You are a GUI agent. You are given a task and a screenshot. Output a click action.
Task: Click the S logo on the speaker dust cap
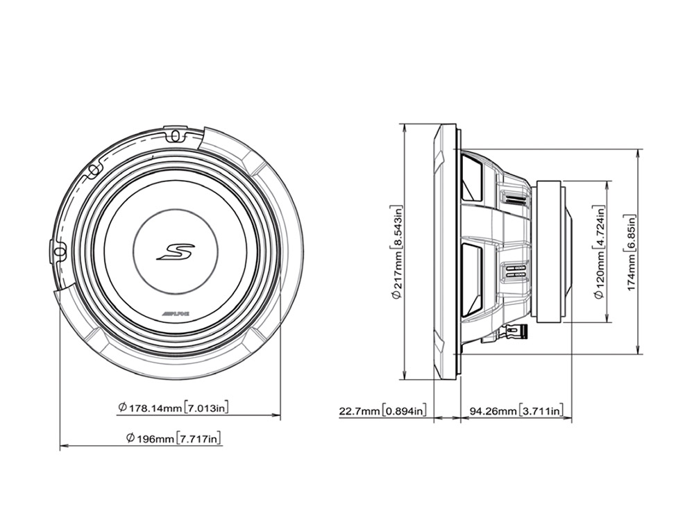176,251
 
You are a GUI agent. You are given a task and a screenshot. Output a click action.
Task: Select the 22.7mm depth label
359,411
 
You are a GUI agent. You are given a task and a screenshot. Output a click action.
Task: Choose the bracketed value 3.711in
541,411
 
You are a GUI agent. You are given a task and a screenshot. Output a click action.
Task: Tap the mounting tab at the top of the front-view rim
176,133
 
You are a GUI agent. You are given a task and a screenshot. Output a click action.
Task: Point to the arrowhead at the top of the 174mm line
638,151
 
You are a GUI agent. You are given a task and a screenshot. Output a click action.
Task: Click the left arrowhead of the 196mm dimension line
62,447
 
